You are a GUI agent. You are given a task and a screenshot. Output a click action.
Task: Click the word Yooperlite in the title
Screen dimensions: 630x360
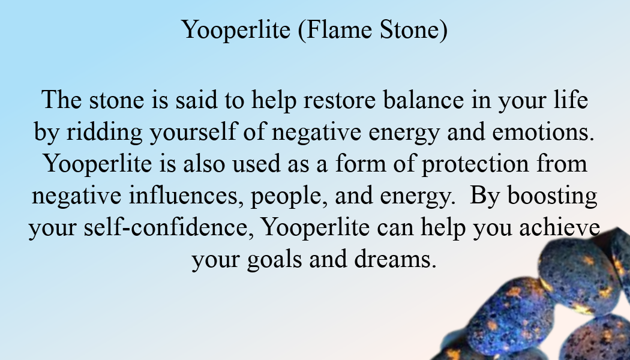[x=236, y=30]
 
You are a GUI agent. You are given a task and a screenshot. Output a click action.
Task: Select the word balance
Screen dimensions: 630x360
[x=423, y=100]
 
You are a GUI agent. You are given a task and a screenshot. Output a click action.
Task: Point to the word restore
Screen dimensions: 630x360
[x=340, y=100]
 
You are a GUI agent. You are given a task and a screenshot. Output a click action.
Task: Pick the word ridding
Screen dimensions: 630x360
[x=104, y=132]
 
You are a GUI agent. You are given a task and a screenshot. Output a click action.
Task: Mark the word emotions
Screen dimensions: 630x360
[x=543, y=132]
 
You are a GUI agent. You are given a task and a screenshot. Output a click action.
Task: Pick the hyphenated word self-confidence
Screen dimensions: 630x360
[x=169, y=227]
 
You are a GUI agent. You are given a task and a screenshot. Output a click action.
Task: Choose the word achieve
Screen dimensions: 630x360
[x=560, y=227]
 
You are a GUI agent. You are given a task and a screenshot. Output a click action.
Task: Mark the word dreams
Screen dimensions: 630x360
[x=395, y=259]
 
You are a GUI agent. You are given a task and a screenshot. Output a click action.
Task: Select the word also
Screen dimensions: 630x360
[x=204, y=164]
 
